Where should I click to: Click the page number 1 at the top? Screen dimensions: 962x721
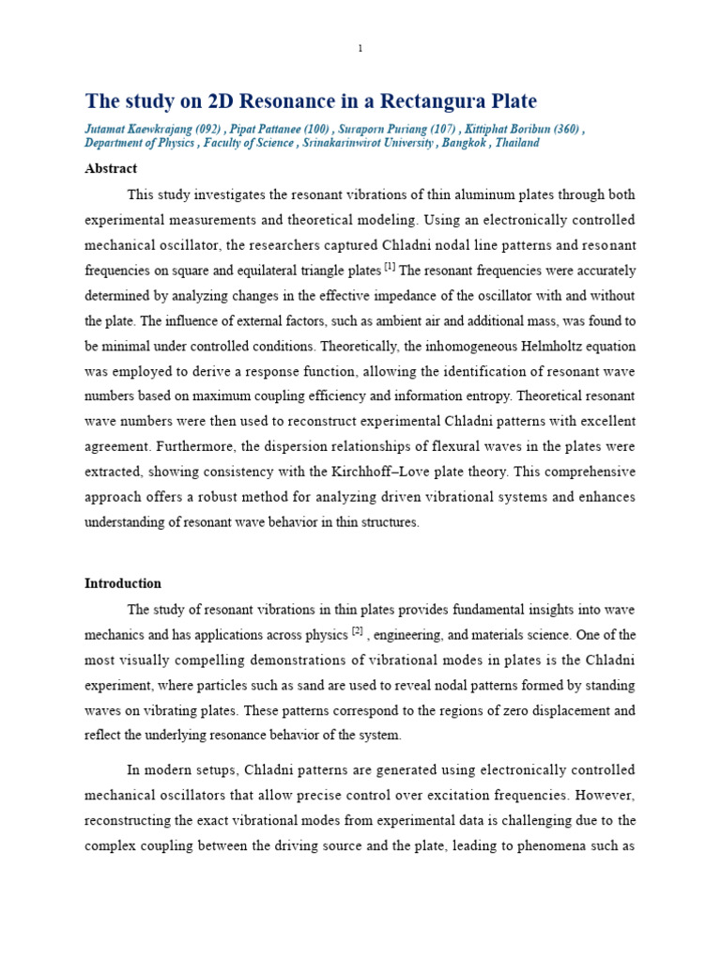(360, 49)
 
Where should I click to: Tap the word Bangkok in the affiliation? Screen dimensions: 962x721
(461, 143)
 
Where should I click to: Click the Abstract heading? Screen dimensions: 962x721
(111, 169)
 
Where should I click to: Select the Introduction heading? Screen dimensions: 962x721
(123, 583)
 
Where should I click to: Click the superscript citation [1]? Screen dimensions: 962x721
(390, 268)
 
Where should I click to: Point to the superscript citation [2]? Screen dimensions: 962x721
(358, 630)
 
